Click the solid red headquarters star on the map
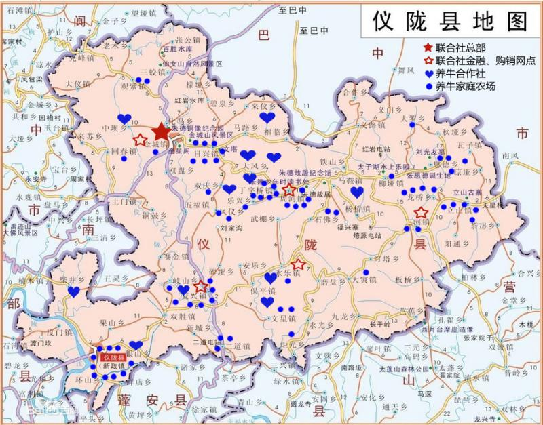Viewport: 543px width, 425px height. (x=161, y=131)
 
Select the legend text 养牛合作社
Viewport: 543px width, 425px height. (x=461, y=73)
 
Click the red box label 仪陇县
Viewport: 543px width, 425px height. (x=113, y=357)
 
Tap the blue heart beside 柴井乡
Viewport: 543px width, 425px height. (x=73, y=291)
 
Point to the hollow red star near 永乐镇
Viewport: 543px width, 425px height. (x=298, y=264)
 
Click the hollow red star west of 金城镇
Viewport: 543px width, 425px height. (x=140, y=140)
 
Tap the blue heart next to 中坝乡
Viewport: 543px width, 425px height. (x=124, y=119)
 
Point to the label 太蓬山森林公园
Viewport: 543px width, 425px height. (x=405, y=369)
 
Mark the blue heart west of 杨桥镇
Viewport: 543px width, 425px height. (x=357, y=193)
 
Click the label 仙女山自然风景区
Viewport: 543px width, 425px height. (x=197, y=64)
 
